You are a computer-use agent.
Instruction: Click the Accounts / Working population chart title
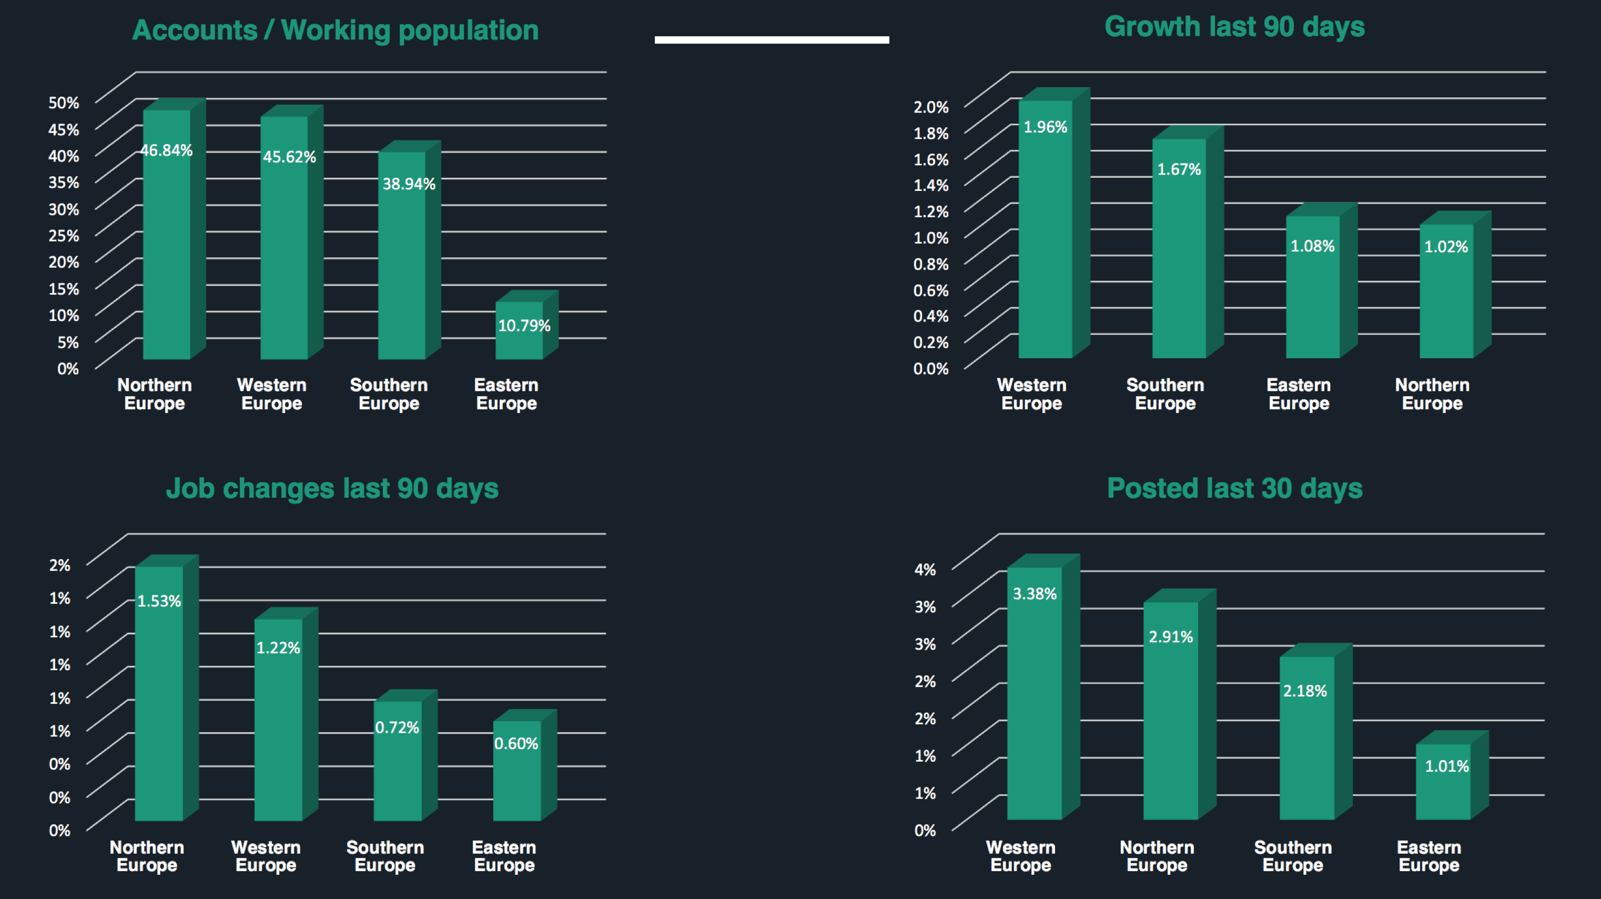point(335,30)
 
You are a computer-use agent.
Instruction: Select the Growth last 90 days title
point(1234,27)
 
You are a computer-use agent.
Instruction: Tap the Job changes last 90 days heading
point(332,488)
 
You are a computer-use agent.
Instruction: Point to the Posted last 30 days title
point(1234,488)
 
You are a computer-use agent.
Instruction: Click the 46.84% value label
point(166,150)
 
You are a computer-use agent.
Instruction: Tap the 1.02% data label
point(1446,247)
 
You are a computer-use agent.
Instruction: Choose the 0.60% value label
point(516,744)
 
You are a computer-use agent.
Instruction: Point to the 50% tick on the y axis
point(64,103)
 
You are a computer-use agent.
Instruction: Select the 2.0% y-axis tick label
point(930,107)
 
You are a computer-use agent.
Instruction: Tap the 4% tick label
point(925,570)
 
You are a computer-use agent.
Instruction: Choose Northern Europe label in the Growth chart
point(1432,393)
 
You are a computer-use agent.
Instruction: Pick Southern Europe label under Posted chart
point(1293,856)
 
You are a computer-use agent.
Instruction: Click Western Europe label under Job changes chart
point(266,856)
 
